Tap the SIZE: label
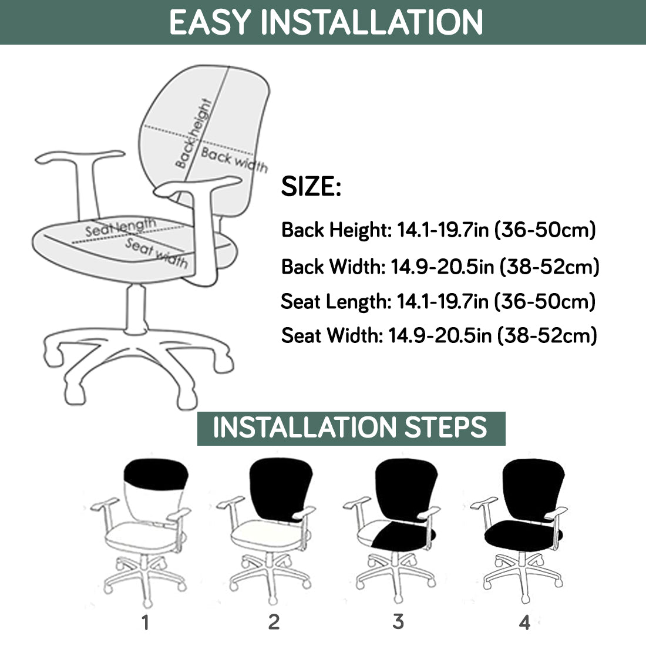311,186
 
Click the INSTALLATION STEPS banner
351,428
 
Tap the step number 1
145,623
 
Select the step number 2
274,622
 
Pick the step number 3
398,621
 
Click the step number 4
524,622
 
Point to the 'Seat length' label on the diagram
121,227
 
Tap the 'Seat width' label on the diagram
157,253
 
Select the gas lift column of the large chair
136,309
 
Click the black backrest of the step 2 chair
280,488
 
